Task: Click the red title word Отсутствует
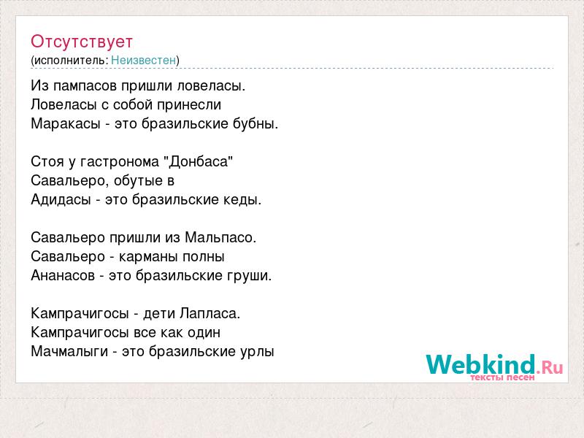82,42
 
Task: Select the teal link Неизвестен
143,60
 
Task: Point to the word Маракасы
66,123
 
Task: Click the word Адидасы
61,199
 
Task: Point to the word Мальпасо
220,238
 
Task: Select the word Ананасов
63,276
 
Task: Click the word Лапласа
210,313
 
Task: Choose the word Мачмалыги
69,351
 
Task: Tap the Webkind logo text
480,364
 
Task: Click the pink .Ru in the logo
550,368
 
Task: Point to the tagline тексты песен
502,377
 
